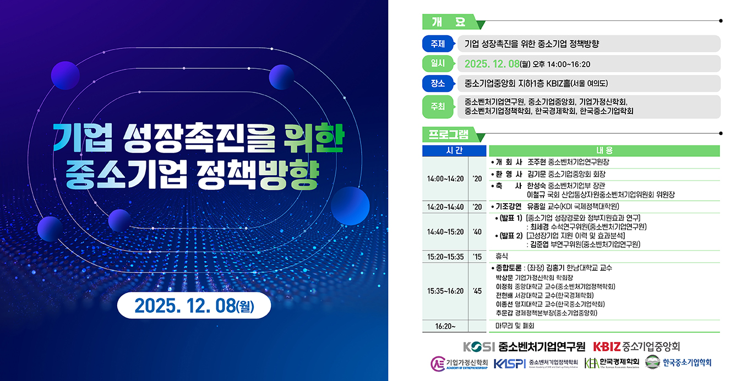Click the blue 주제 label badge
tap(438, 43)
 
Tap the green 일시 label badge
tap(438, 63)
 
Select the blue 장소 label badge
tap(438, 83)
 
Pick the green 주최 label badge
tap(438, 107)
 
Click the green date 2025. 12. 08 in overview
tap(492, 64)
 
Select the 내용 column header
tap(604, 150)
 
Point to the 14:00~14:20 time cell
tap(445, 179)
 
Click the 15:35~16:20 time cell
tap(445, 291)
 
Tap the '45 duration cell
tap(477, 291)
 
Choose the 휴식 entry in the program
tap(502, 257)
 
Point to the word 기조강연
tap(508, 207)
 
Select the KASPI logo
tap(509, 363)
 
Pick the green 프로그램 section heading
tap(448, 134)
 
